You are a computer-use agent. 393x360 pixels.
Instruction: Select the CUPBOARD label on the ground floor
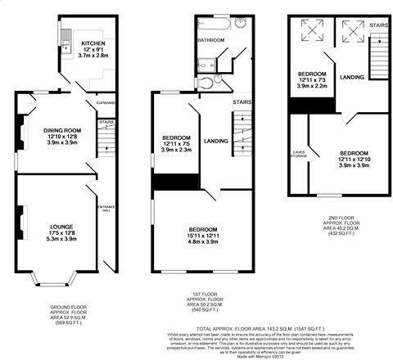tap(106, 103)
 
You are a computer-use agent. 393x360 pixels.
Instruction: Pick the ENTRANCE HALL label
tap(105, 210)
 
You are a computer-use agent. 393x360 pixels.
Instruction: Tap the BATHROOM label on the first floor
tap(212, 39)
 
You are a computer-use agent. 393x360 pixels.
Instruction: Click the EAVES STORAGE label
tap(300, 152)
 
